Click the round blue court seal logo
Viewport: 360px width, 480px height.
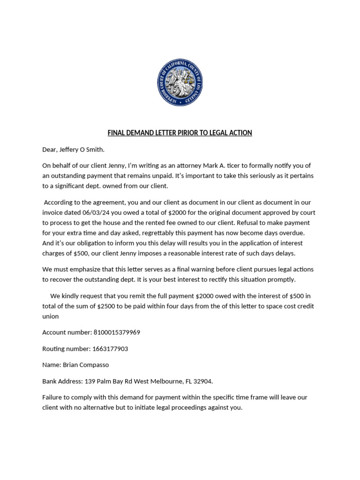tap(180, 83)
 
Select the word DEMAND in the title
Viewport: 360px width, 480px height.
tap(140, 133)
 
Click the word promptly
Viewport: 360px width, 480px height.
tap(281, 279)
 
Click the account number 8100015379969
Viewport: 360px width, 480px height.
tap(117, 332)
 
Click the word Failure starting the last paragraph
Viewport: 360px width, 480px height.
tap(53, 397)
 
